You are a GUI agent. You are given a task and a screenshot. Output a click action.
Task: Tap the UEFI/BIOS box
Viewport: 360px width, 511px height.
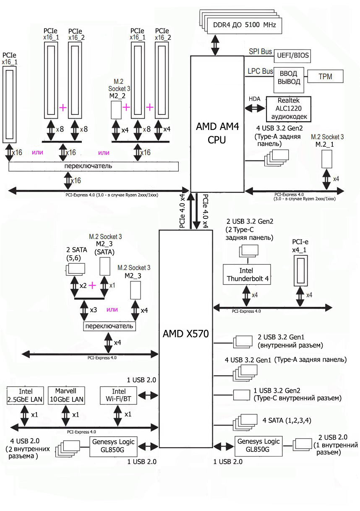[x=292, y=55]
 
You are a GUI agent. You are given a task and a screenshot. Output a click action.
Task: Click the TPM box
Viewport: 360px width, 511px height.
[x=325, y=77]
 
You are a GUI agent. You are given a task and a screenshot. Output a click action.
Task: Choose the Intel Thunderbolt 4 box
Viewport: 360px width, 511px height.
[x=247, y=274]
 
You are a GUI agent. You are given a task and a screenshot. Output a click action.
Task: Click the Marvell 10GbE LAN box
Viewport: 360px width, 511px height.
[x=66, y=395]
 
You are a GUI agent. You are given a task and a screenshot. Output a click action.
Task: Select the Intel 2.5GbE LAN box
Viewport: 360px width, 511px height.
[x=25, y=395]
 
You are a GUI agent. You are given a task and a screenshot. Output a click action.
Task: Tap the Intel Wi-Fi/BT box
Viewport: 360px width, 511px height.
[x=119, y=395]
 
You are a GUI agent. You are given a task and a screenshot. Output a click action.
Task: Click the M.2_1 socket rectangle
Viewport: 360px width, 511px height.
[x=327, y=158]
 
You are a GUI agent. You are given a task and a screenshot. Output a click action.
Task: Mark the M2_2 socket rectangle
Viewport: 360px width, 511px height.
[x=116, y=110]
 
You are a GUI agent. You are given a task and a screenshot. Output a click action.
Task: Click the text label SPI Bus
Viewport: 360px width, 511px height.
[x=260, y=52]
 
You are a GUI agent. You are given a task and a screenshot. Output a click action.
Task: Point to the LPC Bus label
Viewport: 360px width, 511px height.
[x=261, y=72]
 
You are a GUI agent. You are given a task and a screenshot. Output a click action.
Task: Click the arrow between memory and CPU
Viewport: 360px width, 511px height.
[x=216, y=44]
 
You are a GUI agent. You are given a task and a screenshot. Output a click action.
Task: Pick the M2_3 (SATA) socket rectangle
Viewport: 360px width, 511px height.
[x=104, y=266]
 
